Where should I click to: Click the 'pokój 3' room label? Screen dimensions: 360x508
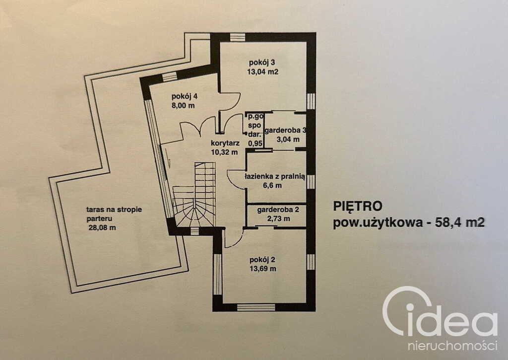coord(261,63)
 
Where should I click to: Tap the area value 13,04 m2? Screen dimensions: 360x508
coord(262,72)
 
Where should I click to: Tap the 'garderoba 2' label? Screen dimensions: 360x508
coord(277,210)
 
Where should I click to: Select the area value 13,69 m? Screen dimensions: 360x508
coord(263,269)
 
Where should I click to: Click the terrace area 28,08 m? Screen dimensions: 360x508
coord(105,228)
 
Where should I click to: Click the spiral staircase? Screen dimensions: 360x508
coord(195,199)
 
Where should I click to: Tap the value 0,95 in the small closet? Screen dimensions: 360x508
coord(255,143)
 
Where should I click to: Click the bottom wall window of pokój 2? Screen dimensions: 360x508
coord(256,307)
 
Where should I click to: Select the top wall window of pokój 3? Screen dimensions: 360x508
coord(237,37)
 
